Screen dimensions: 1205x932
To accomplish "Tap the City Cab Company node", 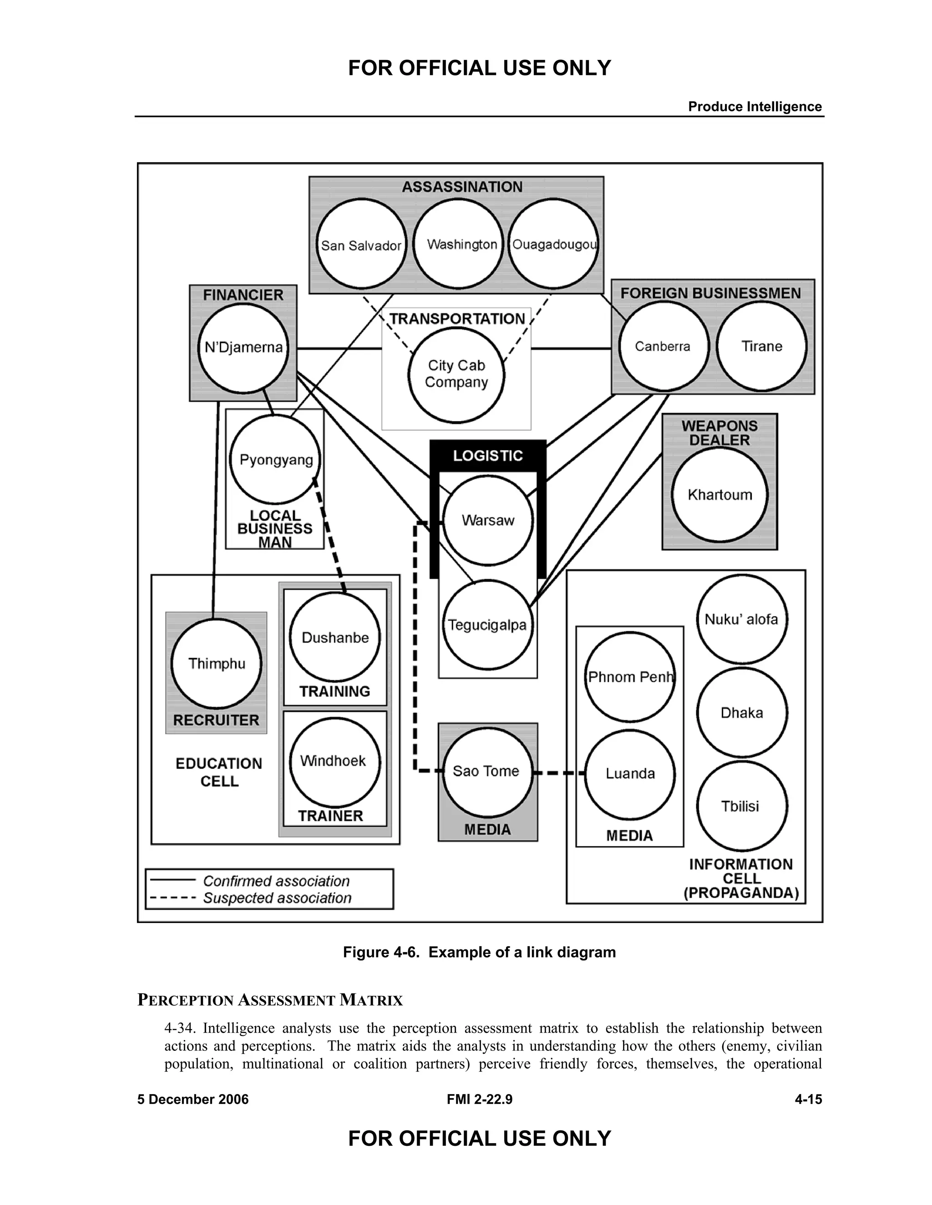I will click(456, 375).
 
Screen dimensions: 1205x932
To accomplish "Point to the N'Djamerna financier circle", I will click(243, 347).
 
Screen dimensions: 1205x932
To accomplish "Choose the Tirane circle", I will click(761, 346).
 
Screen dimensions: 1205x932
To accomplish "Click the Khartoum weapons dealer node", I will click(719, 494).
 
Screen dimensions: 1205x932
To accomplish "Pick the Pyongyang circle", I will click(275, 460).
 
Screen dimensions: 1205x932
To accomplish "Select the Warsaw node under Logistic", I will click(488, 520).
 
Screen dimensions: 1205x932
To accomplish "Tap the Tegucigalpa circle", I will click(487, 625).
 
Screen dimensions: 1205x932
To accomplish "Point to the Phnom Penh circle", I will click(630, 677).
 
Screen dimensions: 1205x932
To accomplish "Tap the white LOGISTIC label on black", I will click(487, 456).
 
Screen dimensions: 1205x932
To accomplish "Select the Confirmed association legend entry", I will click(276, 881).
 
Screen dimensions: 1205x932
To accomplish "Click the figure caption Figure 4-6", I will click(479, 952).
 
